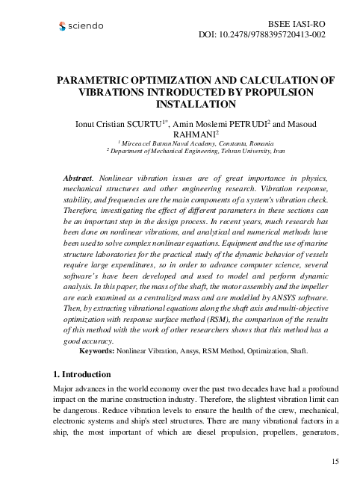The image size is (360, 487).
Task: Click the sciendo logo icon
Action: tap(62, 27)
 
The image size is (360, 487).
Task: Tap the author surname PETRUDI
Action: tap(246, 122)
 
